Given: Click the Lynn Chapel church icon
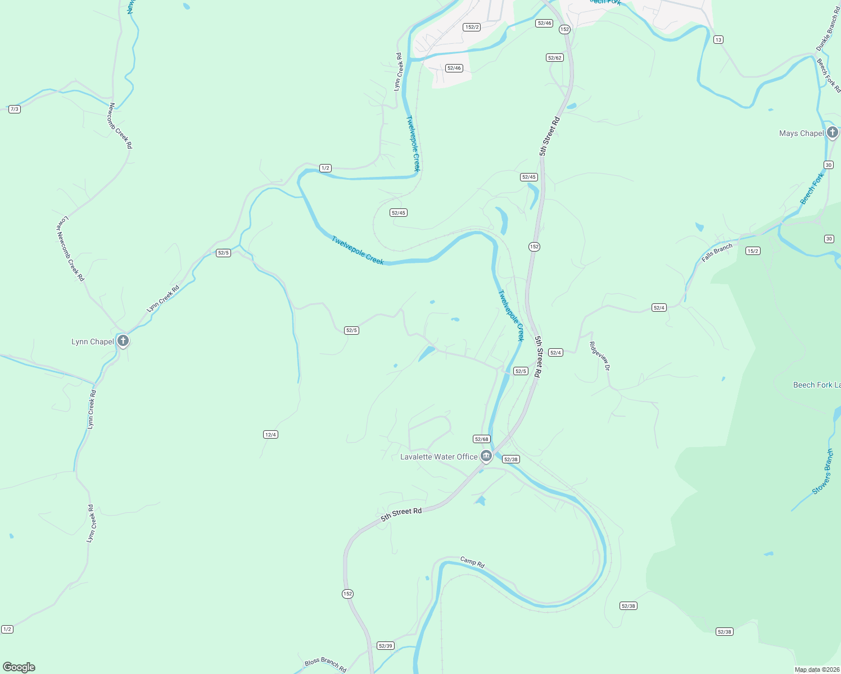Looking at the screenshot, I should pos(123,340).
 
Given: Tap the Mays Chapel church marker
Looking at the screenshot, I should pos(833,133).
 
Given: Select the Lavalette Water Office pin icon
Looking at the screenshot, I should pos(486,456).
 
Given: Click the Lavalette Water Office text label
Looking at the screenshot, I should pos(438,457).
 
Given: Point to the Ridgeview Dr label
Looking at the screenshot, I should pos(599,356).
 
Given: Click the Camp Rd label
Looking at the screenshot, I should pos(472,562).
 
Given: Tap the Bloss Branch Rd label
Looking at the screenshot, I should pos(325,665).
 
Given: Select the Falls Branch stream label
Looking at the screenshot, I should pos(717,253).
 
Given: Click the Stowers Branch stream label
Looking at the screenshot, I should pos(822,472).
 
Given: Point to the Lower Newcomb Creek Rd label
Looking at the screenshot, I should pos(70,249).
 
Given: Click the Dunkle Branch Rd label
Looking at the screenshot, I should pos(827,33).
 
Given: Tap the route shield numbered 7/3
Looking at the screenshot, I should pos(15,109).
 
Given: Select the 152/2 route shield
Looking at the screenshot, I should pos(472,27).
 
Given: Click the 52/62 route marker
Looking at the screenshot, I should pos(554,58).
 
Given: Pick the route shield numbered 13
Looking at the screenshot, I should pos(718,39).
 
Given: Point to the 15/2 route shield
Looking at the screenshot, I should pos(753,251).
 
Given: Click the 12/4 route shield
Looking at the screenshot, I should pos(270,434).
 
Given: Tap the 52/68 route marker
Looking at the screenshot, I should pos(482,439).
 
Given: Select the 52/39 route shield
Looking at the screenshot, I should pos(386,646).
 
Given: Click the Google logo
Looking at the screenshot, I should pos(19,667).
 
